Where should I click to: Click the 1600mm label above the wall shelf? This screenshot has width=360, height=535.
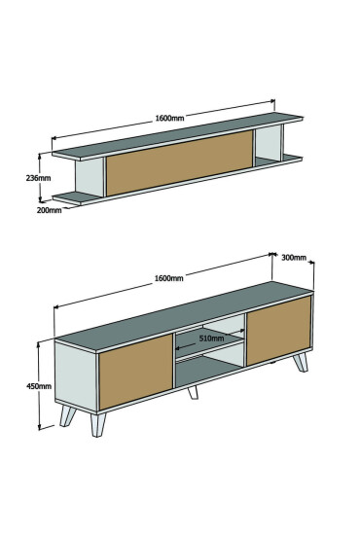[x=169, y=118]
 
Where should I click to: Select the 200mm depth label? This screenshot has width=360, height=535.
[x=50, y=209]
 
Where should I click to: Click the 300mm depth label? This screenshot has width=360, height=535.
[x=294, y=258]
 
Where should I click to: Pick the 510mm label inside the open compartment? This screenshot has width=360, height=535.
[x=212, y=338]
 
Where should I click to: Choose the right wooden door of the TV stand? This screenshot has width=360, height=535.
[x=278, y=330]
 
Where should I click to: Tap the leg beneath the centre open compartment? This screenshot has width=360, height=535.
[x=193, y=391]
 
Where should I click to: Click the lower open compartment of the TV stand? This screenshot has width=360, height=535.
[x=209, y=367]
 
